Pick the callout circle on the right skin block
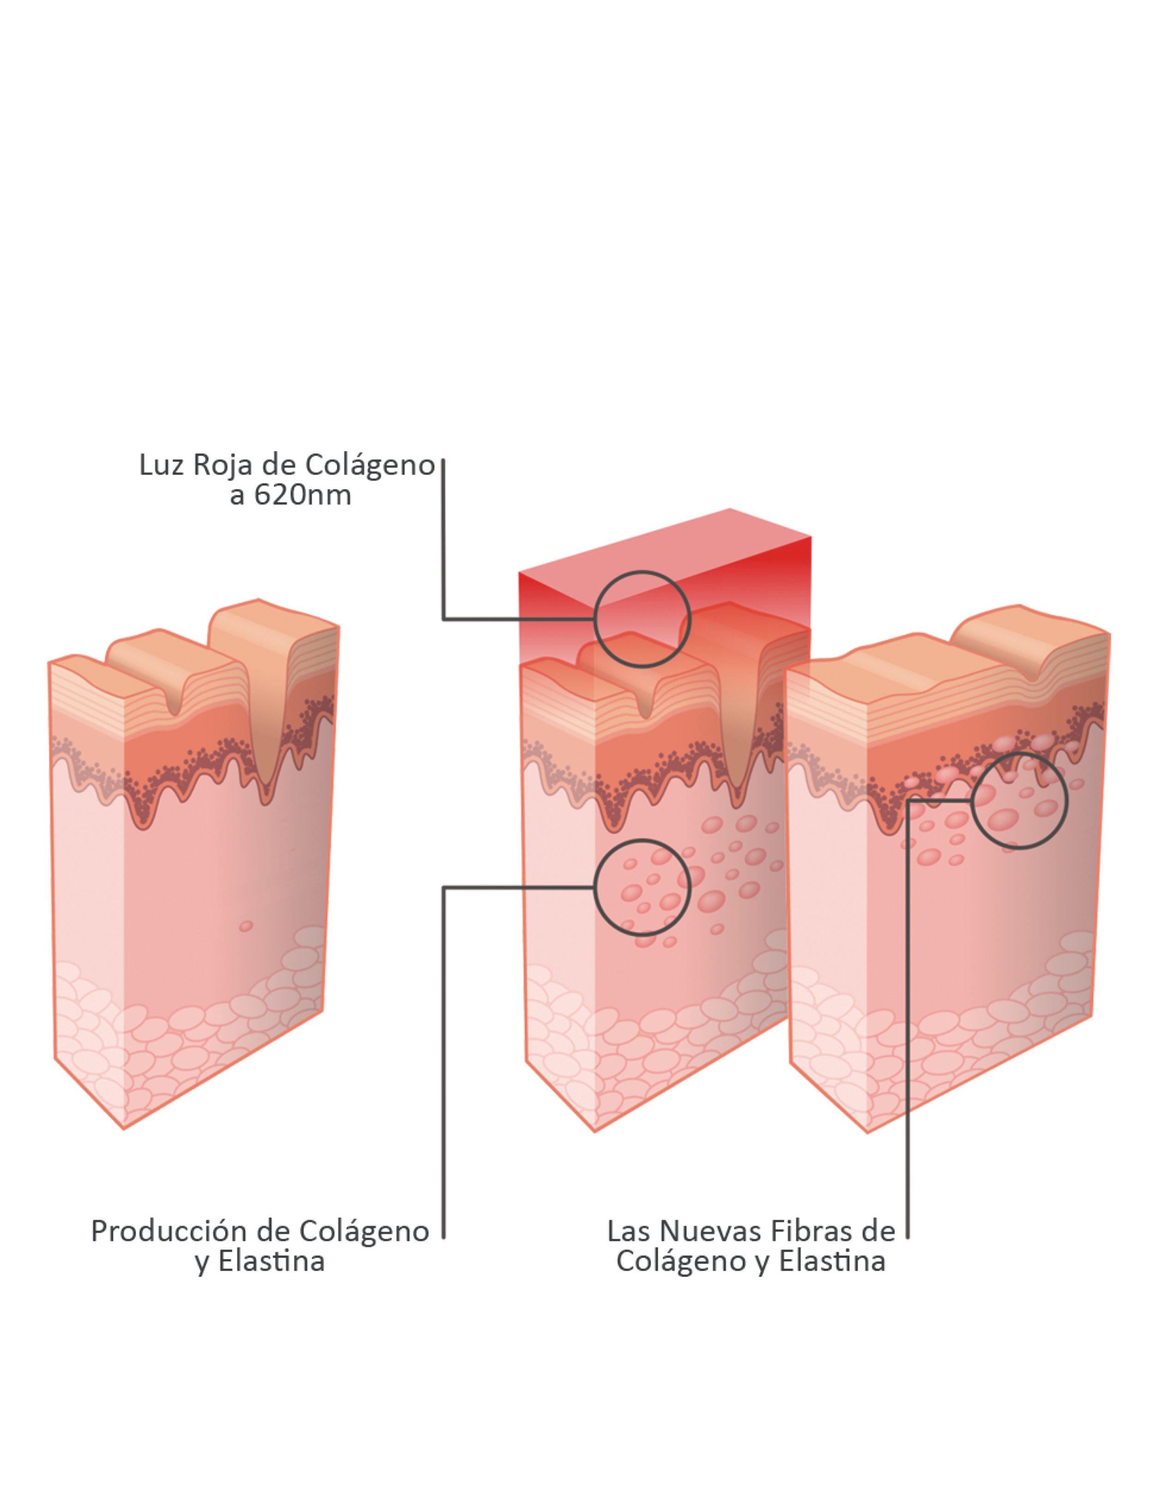click(x=1019, y=801)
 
